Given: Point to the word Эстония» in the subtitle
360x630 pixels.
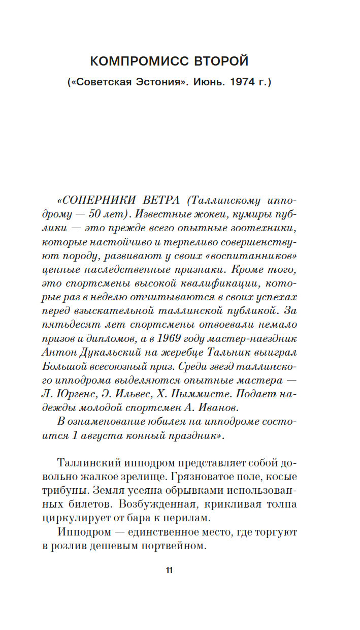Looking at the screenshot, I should pyautogui.click(x=163, y=81).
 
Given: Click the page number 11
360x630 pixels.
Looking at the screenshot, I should pyautogui.click(x=169, y=570).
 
